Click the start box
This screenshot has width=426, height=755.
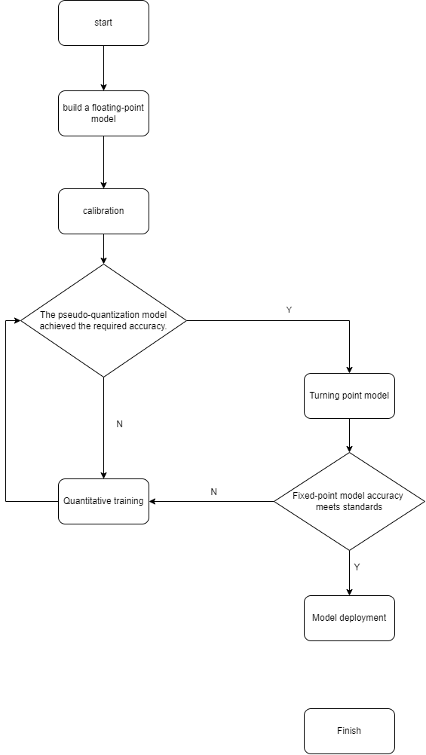(x=103, y=23)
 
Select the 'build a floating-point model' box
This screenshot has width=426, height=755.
(x=103, y=113)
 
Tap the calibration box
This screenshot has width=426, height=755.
(x=103, y=211)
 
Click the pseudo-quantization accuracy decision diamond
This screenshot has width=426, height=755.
(x=103, y=320)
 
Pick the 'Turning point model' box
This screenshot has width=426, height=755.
(x=349, y=396)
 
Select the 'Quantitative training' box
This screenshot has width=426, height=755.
(x=103, y=501)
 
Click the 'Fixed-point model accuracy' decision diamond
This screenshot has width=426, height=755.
(x=349, y=501)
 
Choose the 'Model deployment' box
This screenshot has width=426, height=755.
(x=349, y=618)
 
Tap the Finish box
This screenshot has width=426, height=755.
(x=349, y=731)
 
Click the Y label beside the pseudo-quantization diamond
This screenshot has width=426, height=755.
(x=289, y=310)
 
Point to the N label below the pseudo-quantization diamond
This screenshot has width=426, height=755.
(x=120, y=424)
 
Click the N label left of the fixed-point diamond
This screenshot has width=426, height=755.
(x=214, y=491)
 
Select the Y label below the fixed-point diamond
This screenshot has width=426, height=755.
(x=357, y=567)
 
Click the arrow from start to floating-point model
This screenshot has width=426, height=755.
(x=103, y=68)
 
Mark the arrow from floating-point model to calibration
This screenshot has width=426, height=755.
(x=103, y=162)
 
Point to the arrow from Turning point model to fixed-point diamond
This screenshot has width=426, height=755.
(x=349, y=436)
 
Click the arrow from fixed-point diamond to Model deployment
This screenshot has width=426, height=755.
(x=349, y=573)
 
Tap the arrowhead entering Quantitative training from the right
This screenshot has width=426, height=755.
(x=152, y=501)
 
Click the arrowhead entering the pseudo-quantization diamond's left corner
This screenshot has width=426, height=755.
(x=17, y=320)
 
